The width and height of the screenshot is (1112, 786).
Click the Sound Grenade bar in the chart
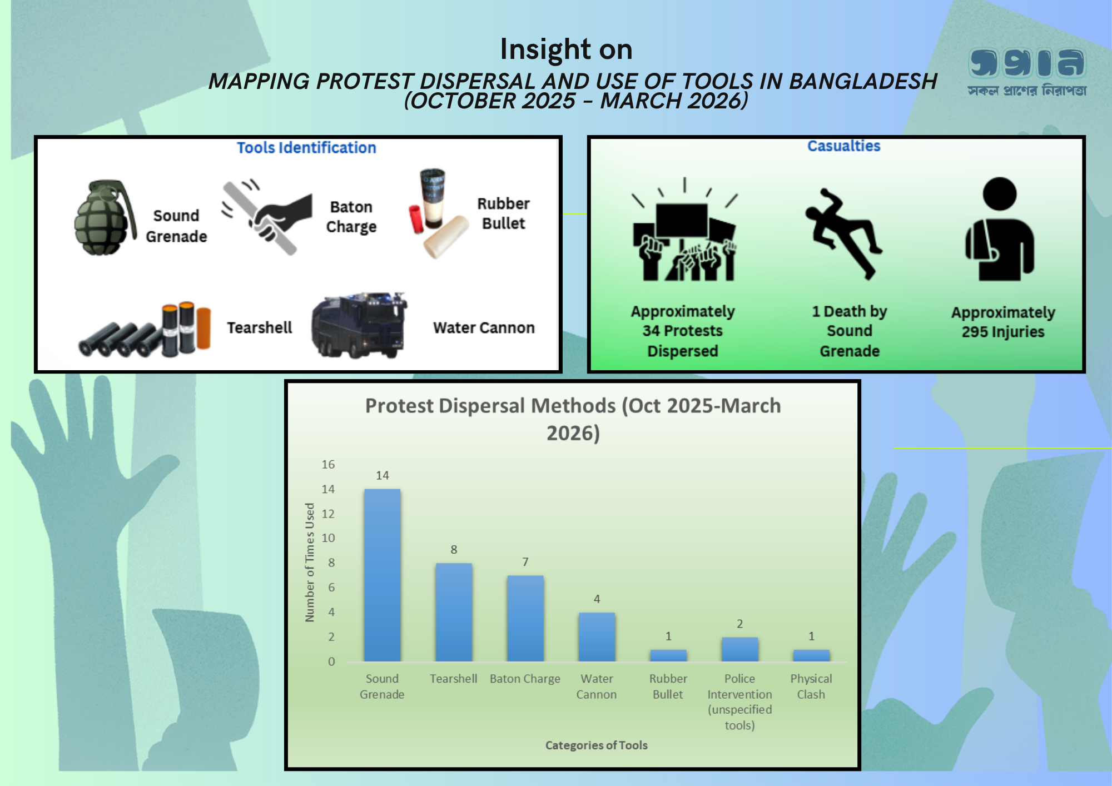[382, 575]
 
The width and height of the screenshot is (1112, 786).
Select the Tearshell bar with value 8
[454, 612]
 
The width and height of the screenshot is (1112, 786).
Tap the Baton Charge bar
[525, 618]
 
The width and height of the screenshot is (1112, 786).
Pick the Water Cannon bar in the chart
[597, 637]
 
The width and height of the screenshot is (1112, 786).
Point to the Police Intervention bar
[739, 649]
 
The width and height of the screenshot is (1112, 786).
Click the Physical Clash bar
[811, 655]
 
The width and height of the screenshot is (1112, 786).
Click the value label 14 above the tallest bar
[383, 475]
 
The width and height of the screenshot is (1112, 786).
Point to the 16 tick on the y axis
[328, 464]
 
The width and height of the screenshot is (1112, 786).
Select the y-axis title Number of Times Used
[310, 562]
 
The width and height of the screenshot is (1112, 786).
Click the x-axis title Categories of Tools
[596, 745]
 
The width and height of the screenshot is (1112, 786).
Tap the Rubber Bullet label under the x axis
[668, 686]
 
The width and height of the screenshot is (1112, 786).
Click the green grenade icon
[105, 217]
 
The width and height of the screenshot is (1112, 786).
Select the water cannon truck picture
[359, 325]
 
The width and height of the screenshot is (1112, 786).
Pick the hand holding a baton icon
[267, 217]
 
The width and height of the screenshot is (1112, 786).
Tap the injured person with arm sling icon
[999, 229]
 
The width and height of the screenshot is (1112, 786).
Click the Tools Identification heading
[306, 148]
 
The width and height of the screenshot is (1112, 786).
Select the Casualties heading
[844, 146]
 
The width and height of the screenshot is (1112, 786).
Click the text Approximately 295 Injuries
[1003, 322]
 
